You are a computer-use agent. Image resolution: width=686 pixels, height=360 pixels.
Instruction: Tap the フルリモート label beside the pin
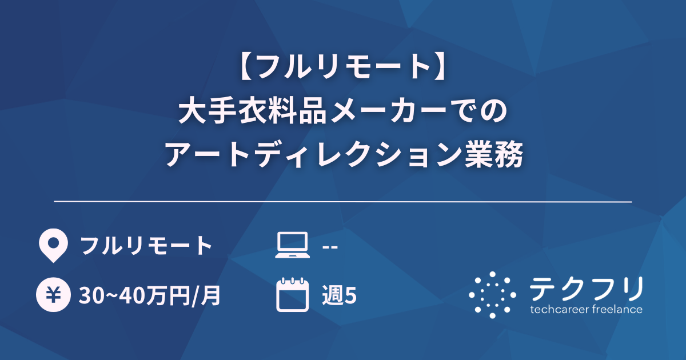click(146, 246)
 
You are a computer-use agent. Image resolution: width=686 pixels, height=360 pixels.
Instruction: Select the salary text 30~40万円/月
click(151, 295)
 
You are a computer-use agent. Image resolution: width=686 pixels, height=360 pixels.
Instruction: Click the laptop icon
click(292, 246)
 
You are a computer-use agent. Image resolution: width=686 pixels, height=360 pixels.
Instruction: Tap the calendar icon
click(292, 294)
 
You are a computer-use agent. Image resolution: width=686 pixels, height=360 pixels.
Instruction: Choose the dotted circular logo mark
click(492, 294)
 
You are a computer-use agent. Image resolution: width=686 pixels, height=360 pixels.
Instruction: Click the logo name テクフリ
click(586, 289)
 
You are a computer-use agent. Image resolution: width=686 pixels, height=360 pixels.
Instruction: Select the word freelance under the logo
click(618, 310)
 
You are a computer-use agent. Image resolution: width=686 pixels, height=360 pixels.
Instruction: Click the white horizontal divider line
click(343, 202)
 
